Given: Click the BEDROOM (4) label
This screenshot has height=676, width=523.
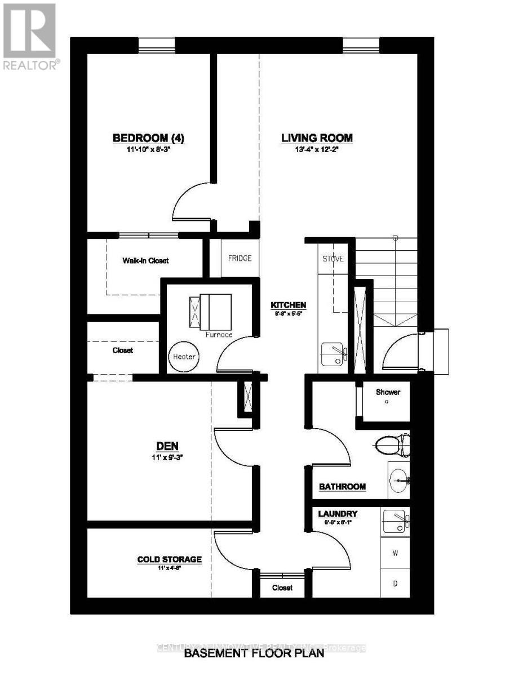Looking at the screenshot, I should (149, 138).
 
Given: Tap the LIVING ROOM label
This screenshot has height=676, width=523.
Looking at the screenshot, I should (317, 138).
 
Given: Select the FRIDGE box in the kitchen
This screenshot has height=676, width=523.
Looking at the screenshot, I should (240, 259).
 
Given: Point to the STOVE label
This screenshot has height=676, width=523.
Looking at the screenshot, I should (333, 259).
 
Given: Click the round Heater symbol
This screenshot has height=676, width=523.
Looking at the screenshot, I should (184, 357).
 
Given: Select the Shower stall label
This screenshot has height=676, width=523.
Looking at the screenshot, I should (388, 392).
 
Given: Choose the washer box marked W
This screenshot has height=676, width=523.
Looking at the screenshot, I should (396, 553).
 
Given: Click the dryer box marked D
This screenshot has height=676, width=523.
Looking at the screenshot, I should (396, 584).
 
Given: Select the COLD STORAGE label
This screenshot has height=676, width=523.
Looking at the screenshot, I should (170, 559).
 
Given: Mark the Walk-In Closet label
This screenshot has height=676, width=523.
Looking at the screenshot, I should (145, 261).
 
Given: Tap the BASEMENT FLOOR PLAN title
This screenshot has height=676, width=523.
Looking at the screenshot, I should (255, 654).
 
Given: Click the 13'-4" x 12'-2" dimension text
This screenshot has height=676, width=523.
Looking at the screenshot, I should (317, 150).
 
